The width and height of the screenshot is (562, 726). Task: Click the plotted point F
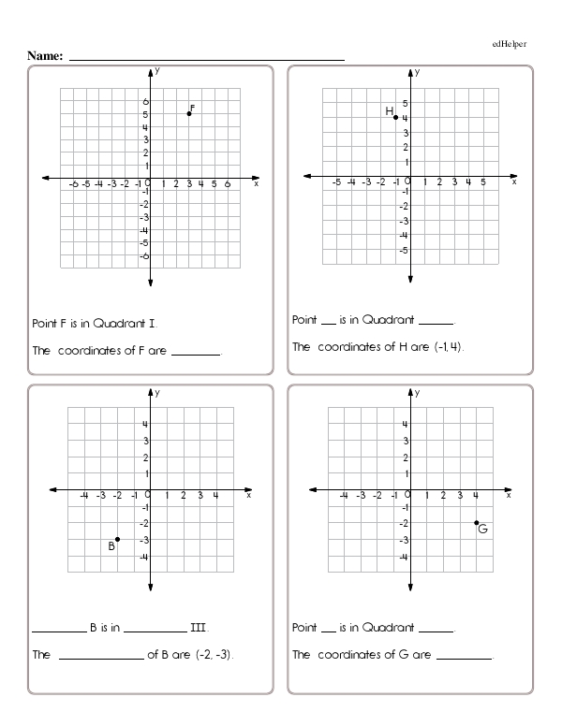point(189,113)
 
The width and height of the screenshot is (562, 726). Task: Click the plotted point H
point(395,117)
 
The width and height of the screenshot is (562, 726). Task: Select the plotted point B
point(117,539)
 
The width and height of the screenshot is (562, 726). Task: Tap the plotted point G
point(476,523)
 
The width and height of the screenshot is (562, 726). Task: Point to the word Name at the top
point(45,56)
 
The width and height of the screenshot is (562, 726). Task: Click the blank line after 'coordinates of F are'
point(196,355)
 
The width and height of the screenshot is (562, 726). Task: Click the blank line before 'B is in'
point(58,630)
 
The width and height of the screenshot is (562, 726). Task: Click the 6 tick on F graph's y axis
point(145,101)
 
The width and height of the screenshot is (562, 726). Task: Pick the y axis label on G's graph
point(418,392)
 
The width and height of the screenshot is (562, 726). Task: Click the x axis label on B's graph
point(249,496)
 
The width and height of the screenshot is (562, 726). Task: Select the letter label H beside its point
point(389,111)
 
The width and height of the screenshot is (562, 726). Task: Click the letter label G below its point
point(482,530)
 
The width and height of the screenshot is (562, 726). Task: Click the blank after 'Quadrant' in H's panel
point(438,322)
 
